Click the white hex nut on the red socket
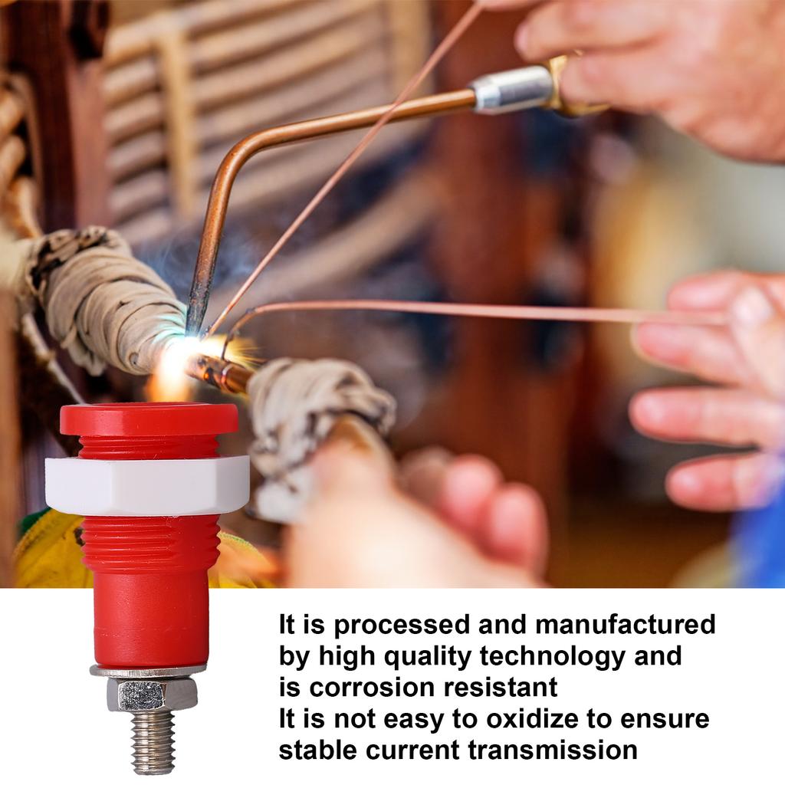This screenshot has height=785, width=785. click(147, 484)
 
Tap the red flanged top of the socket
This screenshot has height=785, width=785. click(149, 419)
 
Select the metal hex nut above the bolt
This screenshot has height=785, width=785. click(152, 695)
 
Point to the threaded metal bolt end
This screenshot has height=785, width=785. click(153, 741)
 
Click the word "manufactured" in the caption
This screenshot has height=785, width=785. click(625, 624)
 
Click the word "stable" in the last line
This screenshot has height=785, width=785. click(318, 750)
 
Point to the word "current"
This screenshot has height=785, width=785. click(412, 750)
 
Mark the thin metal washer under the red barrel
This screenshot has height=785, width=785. click(148, 671)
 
